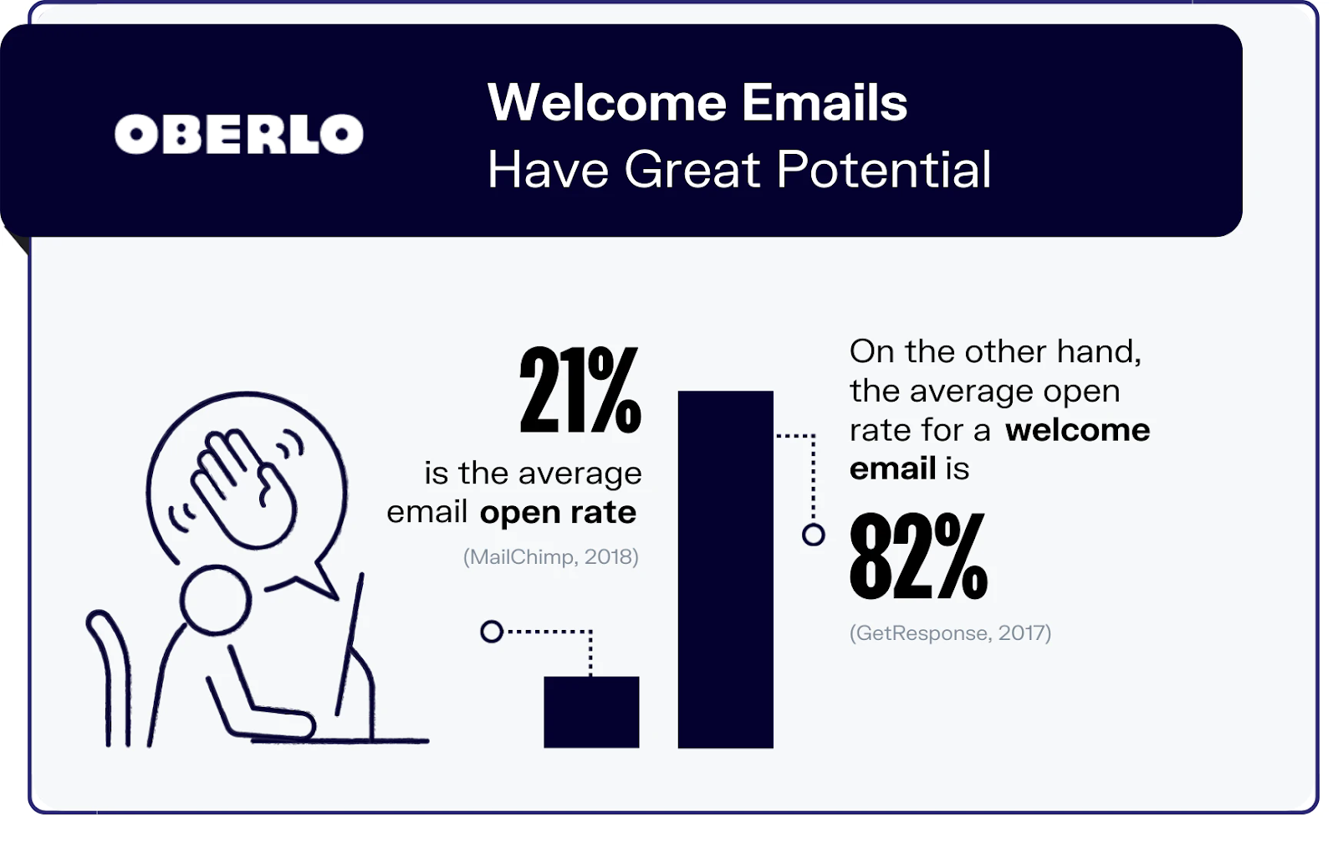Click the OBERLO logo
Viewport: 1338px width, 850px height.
[x=239, y=134]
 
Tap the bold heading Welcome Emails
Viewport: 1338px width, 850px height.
[x=697, y=102]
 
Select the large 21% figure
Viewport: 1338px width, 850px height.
[x=580, y=390]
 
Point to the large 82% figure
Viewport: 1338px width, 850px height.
[x=918, y=556]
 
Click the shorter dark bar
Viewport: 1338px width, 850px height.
[x=591, y=712]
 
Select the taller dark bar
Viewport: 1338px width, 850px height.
[x=726, y=569]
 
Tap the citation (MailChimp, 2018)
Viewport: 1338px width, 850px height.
[x=551, y=557]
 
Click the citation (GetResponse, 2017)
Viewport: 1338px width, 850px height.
[x=950, y=633]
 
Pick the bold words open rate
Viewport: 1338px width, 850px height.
[x=558, y=512]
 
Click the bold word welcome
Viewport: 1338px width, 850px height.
[x=1078, y=430]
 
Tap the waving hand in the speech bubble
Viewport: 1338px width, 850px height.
[x=243, y=488]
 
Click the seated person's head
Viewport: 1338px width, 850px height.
[x=216, y=600]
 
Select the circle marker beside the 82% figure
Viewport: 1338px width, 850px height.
[x=813, y=535]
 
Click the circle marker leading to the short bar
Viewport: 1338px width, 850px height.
[x=492, y=632]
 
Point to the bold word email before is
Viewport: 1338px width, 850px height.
[x=892, y=469]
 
